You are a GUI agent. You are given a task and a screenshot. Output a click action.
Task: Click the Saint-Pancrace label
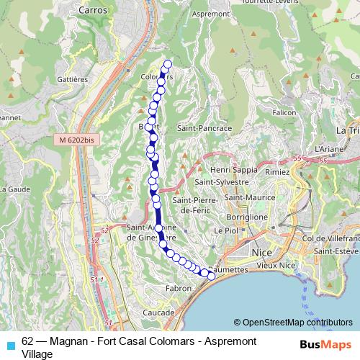(x=204, y=127)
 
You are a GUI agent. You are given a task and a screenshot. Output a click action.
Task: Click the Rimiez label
(x=276, y=173)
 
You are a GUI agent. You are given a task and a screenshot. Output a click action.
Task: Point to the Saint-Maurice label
(x=248, y=197)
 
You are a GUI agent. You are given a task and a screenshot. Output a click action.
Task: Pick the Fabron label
(x=179, y=288)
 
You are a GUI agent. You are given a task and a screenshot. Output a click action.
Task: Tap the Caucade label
(x=158, y=313)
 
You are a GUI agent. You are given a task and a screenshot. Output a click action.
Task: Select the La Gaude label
(x=15, y=189)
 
